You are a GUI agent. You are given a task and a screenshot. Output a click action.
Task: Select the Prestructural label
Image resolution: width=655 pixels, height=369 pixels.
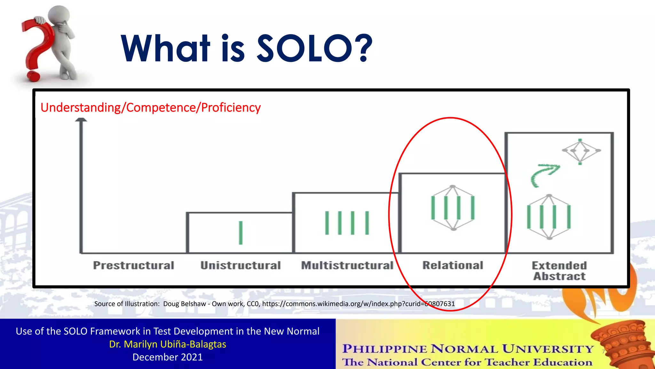tap(134, 266)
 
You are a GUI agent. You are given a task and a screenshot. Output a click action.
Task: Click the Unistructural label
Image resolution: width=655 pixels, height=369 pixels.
tap(241, 266)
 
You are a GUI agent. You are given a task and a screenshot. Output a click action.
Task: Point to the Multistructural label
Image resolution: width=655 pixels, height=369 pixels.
tap(347, 266)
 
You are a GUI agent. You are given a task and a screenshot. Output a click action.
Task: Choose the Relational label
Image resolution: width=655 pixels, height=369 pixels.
tap(453, 266)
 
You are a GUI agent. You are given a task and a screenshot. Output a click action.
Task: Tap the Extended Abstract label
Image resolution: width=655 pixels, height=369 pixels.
tap(559, 271)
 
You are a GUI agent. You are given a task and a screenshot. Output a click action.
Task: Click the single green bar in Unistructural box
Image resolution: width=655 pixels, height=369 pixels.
tap(241, 233)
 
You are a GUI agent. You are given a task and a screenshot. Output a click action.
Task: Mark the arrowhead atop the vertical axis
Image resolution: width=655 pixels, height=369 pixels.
tap(81, 120)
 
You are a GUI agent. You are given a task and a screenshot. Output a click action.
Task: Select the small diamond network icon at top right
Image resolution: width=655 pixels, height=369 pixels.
tap(580, 151)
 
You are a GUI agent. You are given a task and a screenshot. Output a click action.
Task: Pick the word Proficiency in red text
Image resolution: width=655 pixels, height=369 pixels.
tap(231, 108)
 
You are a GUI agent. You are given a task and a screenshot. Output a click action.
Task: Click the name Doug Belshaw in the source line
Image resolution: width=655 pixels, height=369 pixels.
tap(185, 304)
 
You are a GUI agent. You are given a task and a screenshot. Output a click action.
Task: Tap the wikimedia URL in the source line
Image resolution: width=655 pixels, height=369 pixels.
tap(358, 304)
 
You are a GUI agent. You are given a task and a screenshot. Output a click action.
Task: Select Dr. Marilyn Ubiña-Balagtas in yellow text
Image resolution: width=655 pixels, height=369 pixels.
tap(168, 344)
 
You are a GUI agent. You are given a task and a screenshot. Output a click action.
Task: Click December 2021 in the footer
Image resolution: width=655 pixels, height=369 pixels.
tap(168, 357)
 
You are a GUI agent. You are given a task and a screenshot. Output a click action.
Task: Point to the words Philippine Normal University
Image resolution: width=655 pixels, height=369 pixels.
tap(468, 349)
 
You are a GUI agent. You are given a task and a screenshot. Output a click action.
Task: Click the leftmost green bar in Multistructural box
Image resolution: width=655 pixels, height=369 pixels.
tap(327, 223)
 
